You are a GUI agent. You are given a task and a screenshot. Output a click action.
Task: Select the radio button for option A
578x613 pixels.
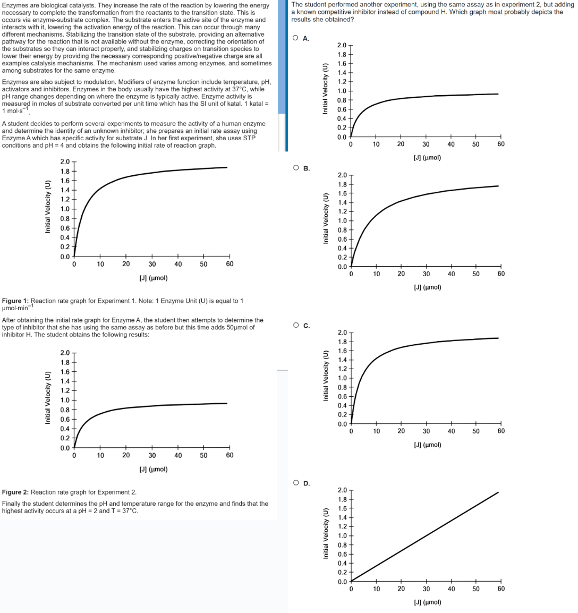pos(295,38)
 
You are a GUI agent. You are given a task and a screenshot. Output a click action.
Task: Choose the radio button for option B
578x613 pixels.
pos(295,168)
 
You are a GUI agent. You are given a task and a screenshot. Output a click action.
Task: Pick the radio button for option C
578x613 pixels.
pos(295,326)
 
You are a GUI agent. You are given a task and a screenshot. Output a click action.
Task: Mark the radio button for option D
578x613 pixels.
pos(295,483)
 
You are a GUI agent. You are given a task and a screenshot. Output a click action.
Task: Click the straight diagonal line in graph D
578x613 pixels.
pos(425,537)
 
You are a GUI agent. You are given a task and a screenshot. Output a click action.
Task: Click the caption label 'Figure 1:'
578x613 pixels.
pos(15,301)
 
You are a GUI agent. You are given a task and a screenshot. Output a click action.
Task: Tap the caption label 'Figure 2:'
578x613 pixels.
pos(15,492)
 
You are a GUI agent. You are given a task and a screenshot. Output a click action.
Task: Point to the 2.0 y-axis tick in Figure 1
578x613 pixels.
pos(64,161)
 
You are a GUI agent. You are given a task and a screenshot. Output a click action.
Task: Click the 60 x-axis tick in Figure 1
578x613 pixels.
pos(229,264)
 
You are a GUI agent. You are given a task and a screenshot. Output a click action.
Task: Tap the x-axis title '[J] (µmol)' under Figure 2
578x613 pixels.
pos(154,469)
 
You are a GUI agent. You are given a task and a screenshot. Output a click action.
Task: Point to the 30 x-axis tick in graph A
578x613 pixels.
pos(426,144)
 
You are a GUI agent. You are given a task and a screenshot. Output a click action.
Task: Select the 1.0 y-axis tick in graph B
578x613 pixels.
pos(343,221)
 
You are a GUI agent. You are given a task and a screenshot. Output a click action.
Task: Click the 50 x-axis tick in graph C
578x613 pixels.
pos(475,431)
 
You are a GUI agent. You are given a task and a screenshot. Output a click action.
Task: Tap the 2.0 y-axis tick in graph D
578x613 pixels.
pos(343,490)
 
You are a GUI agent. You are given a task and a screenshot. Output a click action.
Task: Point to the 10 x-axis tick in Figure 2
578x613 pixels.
pos(100,455)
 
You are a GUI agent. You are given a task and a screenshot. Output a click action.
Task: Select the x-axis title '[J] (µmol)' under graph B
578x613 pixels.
pos(427,287)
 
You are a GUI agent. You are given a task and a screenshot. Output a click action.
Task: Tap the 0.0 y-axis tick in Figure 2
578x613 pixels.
pos(64,448)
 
